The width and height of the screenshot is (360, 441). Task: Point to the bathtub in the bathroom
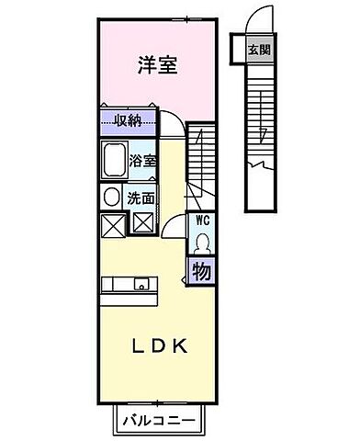tap(113, 162)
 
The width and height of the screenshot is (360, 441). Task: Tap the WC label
tap(201, 221)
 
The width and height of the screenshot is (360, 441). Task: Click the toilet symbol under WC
tap(201, 243)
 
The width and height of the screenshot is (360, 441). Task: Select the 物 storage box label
tap(201, 271)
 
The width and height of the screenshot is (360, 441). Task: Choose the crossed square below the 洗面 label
tap(143, 221)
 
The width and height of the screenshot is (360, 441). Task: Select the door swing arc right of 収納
tap(173, 124)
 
